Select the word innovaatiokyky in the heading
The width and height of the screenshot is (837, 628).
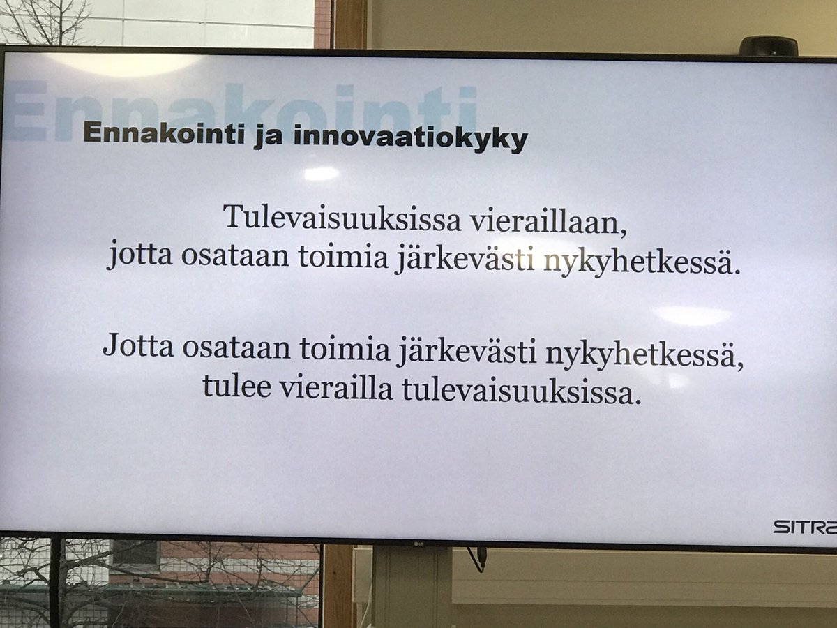pos(410,139)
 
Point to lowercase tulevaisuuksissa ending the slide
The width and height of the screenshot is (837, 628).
pos(521,393)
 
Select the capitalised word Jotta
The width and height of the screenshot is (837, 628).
pos(138,347)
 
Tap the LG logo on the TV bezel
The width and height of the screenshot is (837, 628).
pos(418,544)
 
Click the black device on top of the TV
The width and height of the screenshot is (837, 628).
pos(768,46)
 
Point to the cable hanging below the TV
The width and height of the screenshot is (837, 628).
pos(479,558)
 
